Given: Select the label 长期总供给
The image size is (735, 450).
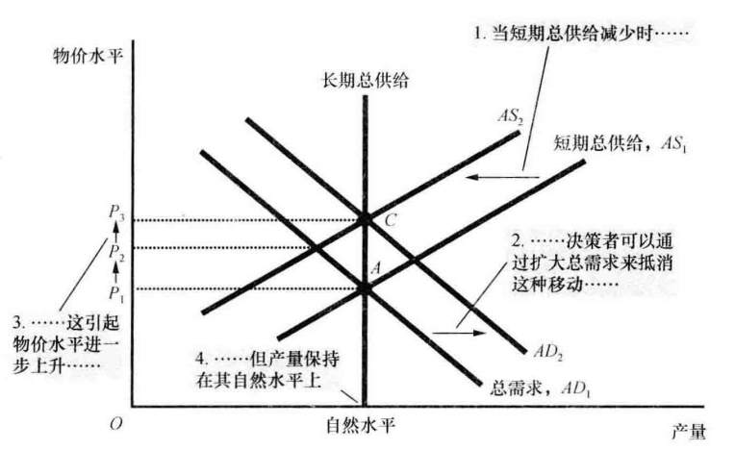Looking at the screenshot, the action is [x=366, y=82].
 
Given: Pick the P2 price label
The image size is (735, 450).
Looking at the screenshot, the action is [x=117, y=252].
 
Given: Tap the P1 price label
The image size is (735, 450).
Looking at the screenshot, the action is [x=117, y=289].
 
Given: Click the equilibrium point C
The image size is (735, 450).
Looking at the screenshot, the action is [x=365, y=219].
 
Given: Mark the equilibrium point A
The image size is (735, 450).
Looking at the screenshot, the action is [x=365, y=287].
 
